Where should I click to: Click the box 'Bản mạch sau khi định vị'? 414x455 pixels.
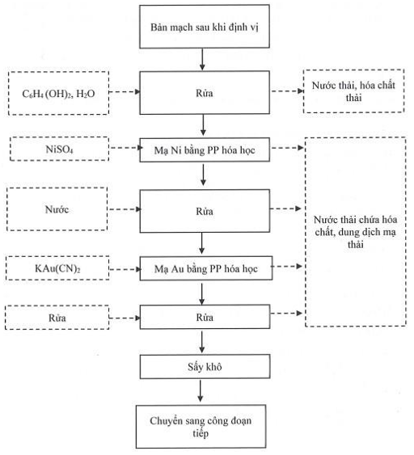coord(205,27)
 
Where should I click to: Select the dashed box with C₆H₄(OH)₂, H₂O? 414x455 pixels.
coord(59,93)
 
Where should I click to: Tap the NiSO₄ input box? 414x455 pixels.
coord(60,149)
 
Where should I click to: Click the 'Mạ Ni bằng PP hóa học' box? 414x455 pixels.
coord(205,150)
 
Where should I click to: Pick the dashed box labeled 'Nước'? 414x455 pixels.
coord(57,209)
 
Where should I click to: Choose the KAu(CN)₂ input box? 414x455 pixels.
coord(57,268)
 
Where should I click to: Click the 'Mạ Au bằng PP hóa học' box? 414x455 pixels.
coord(206,268)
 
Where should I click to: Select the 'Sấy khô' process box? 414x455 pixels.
coord(205,367)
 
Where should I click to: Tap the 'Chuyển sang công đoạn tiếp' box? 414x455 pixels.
coord(201,427)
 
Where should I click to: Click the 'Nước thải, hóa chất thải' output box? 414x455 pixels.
coord(353,91)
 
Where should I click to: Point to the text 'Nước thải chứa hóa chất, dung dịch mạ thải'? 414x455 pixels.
coord(355,232)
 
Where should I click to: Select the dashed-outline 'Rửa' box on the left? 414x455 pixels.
coord(57,318)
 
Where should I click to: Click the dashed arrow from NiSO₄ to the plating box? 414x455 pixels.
coord(125,148)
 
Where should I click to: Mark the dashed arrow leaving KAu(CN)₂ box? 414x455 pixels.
coord(125,270)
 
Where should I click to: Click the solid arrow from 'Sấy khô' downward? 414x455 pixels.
coord(200,390)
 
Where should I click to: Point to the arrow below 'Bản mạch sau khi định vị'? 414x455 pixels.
coord(202,60)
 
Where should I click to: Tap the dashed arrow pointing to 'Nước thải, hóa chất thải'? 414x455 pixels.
coord(287,91)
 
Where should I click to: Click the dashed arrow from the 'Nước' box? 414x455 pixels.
coord(125,209)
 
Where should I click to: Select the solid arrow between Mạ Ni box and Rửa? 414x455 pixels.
coord(203,175)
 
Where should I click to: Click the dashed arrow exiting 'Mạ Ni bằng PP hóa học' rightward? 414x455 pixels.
coord(287,148)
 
